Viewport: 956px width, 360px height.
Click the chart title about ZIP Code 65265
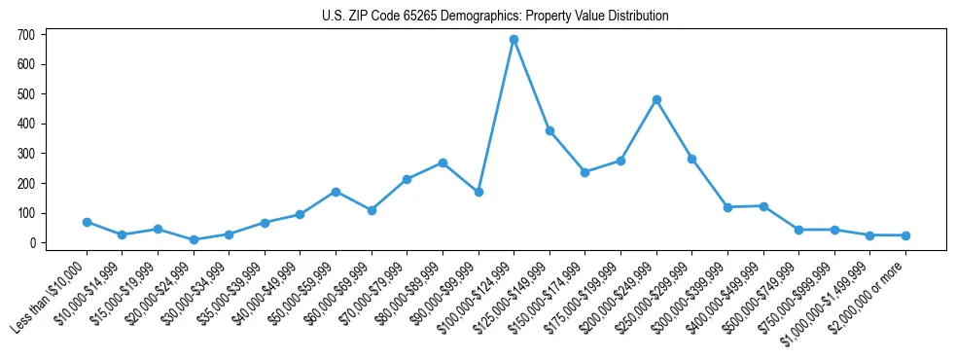tap(495, 16)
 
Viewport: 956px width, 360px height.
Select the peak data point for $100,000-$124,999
tap(513, 39)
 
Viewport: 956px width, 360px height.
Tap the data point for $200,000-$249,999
tap(656, 99)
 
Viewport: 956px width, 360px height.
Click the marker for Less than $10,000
tap(87, 222)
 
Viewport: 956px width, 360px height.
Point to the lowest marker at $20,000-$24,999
tap(194, 239)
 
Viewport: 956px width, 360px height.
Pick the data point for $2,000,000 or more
tap(905, 235)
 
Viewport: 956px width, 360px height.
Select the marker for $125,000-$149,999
tap(549, 130)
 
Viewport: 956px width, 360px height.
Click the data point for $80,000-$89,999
tap(443, 162)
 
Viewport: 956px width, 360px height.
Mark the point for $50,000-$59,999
tap(336, 192)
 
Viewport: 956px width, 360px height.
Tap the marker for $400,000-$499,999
tap(763, 205)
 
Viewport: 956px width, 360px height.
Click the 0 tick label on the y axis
tap(31, 243)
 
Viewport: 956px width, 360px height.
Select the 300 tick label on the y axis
tap(26, 154)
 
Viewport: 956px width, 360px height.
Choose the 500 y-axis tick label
tap(26, 94)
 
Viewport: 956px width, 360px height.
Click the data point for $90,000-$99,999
tap(478, 192)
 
